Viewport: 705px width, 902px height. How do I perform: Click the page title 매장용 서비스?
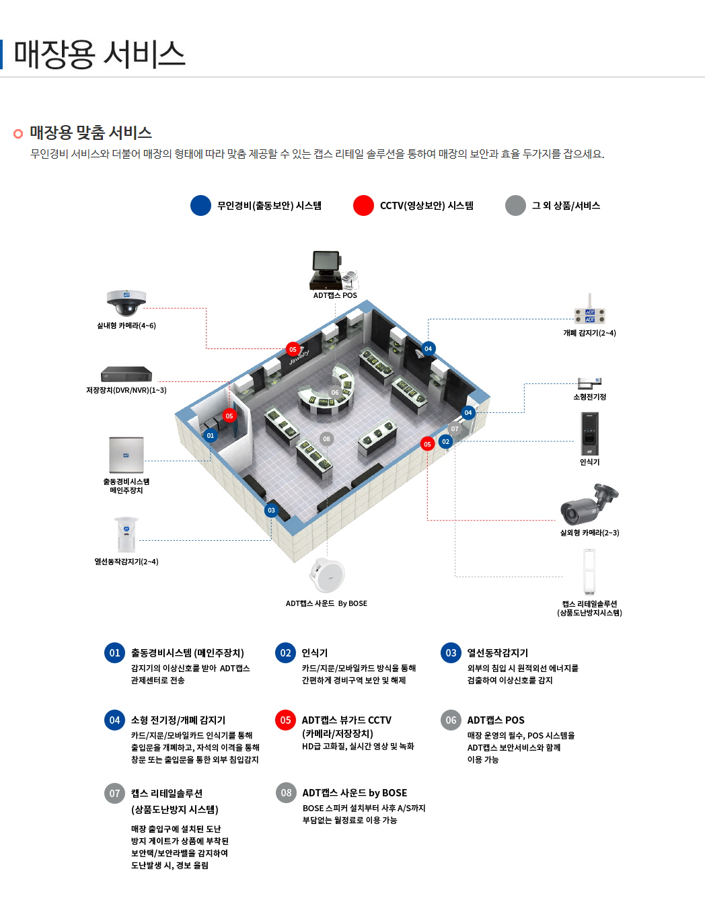coord(99,54)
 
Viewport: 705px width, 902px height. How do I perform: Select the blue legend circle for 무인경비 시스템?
coord(200,206)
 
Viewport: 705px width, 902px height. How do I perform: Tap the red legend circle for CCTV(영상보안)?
coord(363,206)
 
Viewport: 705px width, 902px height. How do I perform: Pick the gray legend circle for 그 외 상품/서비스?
coord(515,206)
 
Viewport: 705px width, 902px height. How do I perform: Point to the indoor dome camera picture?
coord(126,303)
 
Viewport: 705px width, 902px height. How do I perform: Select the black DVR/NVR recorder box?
coord(126,375)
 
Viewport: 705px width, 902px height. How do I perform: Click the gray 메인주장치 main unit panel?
coord(126,455)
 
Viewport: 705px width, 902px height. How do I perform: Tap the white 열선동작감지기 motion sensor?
coord(126,535)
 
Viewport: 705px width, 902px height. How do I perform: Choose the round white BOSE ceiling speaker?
coord(328,575)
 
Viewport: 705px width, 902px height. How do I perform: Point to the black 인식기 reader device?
coord(589,434)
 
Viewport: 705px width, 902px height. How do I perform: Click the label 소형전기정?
coord(589,397)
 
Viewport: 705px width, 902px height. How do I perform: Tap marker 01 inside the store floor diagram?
coord(211,436)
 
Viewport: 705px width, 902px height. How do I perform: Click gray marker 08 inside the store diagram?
coord(326,439)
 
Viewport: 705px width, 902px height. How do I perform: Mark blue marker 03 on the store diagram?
coord(271,511)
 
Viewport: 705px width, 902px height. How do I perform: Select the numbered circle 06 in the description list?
coord(451,720)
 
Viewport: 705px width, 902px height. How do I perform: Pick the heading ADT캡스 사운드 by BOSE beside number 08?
coord(355,793)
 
